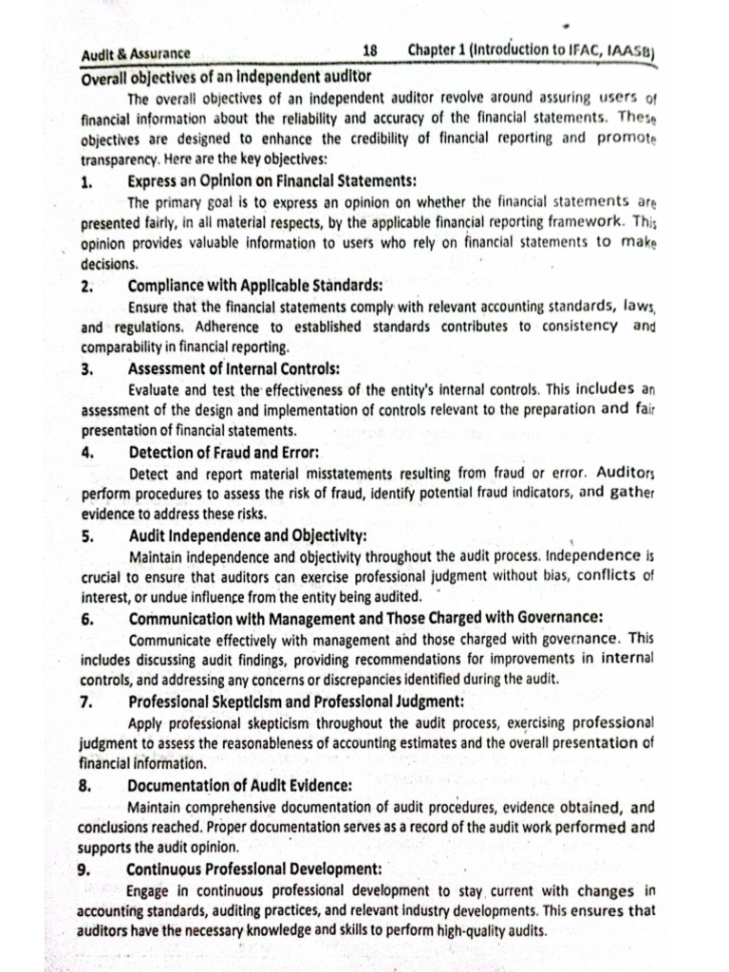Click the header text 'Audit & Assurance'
coord(136,54)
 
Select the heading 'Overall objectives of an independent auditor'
coord(226,76)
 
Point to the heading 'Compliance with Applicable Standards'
coord(255,285)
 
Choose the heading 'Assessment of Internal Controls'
coord(234,369)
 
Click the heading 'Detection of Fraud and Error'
coord(223,453)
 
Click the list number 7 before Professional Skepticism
coord(86,702)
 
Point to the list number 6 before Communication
coord(86,619)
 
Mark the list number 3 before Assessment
coord(86,369)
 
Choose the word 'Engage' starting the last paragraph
coord(148,890)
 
